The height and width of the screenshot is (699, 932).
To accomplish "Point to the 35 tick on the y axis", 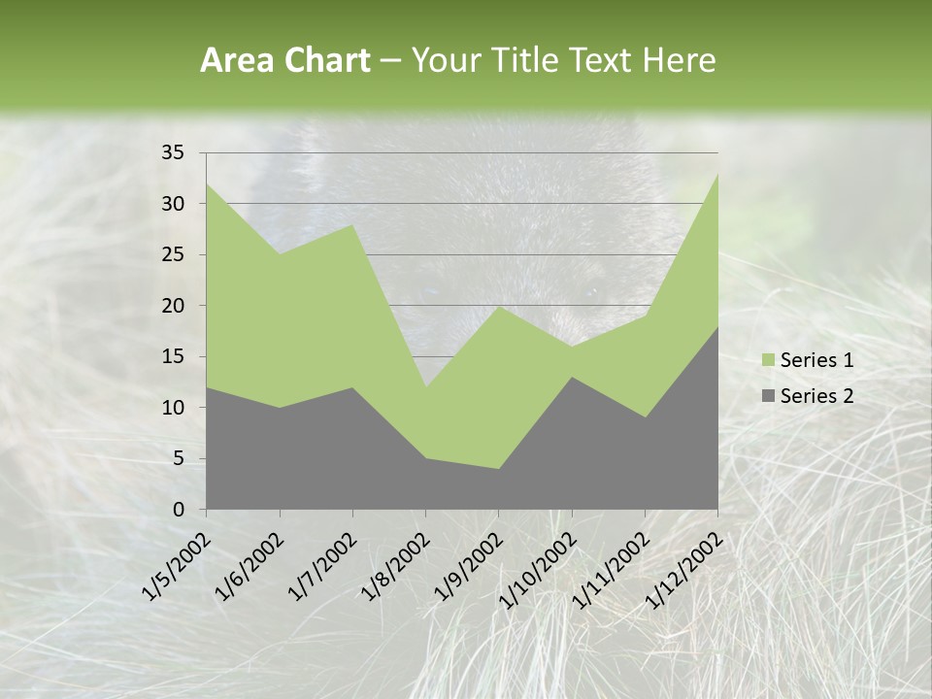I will [x=173, y=152].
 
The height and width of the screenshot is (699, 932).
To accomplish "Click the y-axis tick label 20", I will [x=173, y=306].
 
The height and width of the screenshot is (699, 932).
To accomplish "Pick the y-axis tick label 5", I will [x=178, y=458].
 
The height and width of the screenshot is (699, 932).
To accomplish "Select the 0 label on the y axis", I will [x=178, y=510].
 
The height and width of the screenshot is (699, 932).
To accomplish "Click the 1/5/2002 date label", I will [x=176, y=567].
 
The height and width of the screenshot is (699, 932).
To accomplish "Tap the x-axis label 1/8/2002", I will [x=394, y=567].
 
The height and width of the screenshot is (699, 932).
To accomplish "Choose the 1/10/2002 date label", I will [x=536, y=571].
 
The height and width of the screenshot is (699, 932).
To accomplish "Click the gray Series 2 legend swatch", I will [x=768, y=396].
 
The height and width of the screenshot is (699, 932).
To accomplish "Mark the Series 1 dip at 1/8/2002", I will [x=425, y=387].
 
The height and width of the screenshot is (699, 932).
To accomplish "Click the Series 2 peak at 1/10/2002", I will [x=572, y=377].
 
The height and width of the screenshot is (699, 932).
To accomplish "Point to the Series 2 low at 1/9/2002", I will [x=498, y=469].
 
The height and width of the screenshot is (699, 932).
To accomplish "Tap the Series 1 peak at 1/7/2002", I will [x=352, y=224].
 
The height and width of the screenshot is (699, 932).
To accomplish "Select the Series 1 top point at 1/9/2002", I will [x=498, y=306].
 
